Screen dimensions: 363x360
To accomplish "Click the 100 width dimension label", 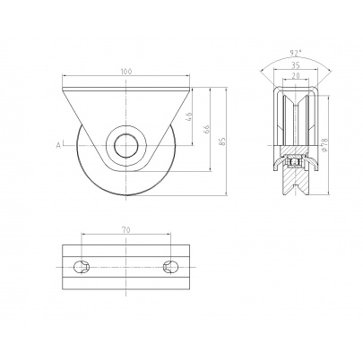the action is pos(126,72).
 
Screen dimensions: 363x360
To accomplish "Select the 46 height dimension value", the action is pos(188,116).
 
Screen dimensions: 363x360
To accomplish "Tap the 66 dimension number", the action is pos(207,129).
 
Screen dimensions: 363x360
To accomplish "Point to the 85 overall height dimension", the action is pos(222,141).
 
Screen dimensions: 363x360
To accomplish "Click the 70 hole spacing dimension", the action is pos(125,230).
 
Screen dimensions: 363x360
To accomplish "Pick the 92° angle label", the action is pos(295,53).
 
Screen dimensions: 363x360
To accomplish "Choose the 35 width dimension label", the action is pos(295,64).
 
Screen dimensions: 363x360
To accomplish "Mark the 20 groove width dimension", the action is pos(296,76).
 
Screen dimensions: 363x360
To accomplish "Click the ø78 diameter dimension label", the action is pos(324,143).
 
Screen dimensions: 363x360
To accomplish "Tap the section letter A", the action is pos(58,145).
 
